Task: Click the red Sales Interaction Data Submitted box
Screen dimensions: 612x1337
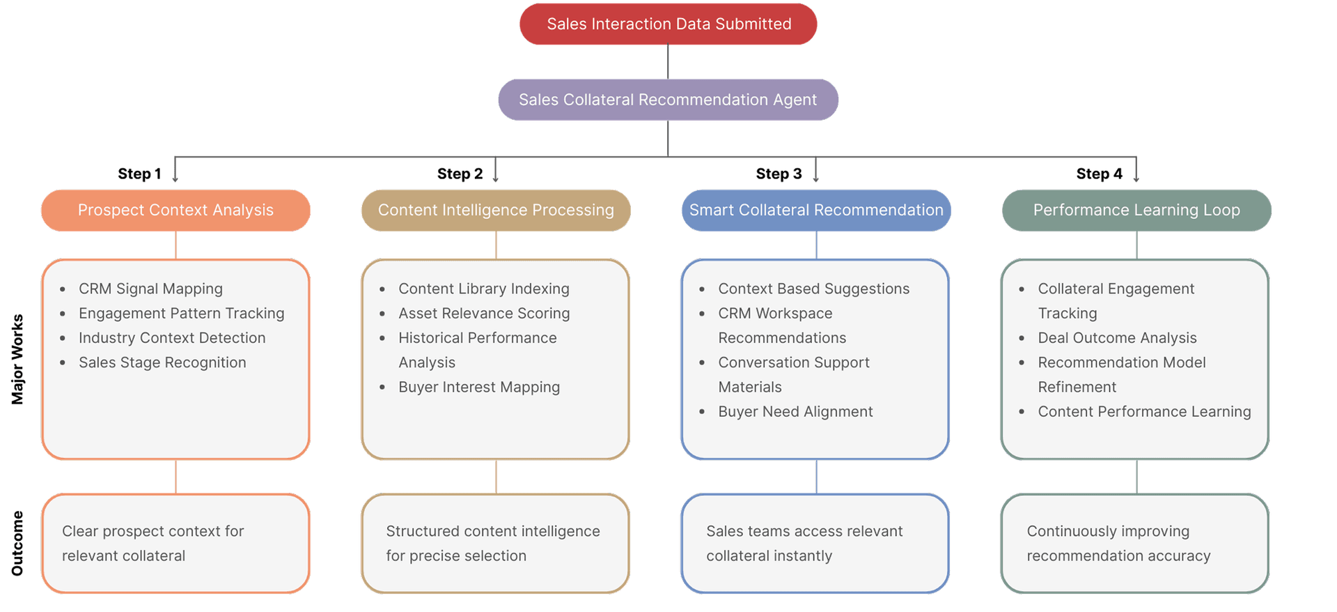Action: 668,24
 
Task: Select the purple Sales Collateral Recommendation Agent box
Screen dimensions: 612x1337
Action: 668,100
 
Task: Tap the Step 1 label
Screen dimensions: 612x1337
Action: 139,174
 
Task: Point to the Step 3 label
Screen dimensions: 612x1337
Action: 779,174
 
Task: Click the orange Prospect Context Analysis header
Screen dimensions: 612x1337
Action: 175,210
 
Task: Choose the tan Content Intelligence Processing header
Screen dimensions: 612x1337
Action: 496,210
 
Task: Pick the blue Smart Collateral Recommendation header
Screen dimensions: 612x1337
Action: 816,210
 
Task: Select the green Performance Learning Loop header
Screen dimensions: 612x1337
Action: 1136,210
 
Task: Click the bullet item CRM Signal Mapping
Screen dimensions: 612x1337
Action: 150,289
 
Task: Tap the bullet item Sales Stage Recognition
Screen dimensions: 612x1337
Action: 162,362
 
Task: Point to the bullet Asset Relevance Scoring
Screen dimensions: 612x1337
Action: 484,314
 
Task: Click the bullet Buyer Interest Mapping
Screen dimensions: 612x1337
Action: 479,387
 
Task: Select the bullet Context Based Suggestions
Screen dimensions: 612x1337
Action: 813,289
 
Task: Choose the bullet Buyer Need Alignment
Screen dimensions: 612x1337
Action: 795,412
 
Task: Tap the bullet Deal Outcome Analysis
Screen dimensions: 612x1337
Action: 1117,338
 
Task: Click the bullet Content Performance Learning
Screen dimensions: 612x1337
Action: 1144,412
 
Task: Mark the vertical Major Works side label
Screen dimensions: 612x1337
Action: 17,359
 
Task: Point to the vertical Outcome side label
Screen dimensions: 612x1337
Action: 17,544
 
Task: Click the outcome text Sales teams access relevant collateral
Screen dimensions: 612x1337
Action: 804,543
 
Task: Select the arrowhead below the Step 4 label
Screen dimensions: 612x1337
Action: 1136,179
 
